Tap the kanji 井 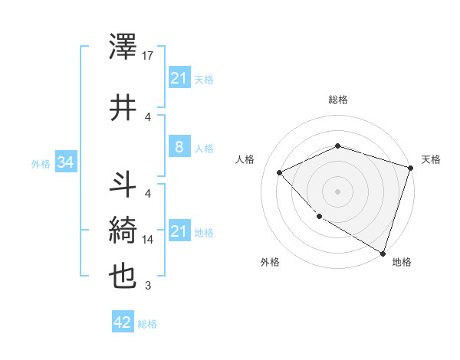click(123, 109)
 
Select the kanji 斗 click(123, 185)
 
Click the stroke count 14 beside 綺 click(149, 239)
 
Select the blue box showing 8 click(179, 148)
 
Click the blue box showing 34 click(66, 162)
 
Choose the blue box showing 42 click(122, 323)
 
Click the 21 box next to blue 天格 click(179, 79)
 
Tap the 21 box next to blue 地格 click(179, 231)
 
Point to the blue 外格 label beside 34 click(41, 163)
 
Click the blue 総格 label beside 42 click(147, 324)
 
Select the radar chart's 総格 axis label click(338, 100)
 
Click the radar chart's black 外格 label click(270, 262)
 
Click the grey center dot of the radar click(338, 191)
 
